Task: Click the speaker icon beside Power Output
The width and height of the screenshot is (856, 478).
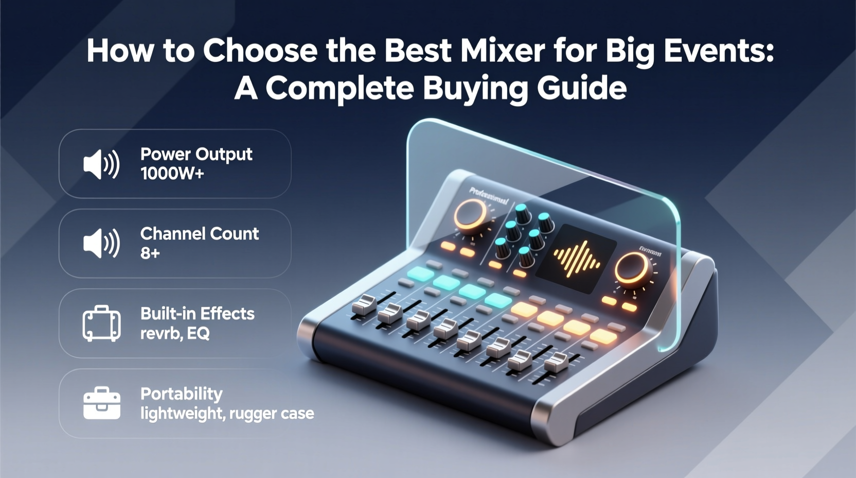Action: (x=101, y=164)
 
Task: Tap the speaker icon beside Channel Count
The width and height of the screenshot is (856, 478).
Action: (x=101, y=243)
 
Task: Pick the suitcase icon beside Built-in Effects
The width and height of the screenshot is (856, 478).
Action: (x=101, y=323)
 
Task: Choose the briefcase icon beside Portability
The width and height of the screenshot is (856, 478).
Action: (x=101, y=403)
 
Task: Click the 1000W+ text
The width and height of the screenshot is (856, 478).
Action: (x=172, y=174)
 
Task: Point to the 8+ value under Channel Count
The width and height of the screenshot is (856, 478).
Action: (x=150, y=253)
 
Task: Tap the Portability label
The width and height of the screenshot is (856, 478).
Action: (x=181, y=394)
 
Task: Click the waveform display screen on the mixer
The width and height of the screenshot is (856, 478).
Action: (x=576, y=258)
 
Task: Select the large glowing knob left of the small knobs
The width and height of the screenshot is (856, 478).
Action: (x=470, y=214)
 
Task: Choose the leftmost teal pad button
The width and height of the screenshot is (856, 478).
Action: (x=421, y=274)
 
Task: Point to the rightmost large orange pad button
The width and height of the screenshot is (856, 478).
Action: (x=603, y=337)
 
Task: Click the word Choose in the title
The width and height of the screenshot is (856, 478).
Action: (x=260, y=50)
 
